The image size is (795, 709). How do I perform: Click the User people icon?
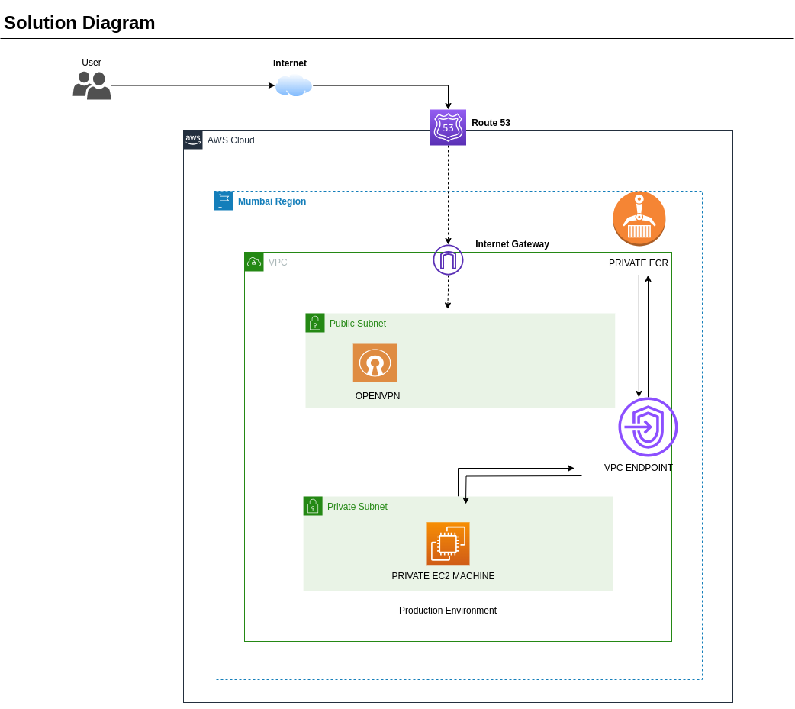tap(92, 85)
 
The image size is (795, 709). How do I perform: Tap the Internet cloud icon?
tap(294, 85)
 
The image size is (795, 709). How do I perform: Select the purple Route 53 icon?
tap(448, 127)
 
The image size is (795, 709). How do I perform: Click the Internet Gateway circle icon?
tap(448, 259)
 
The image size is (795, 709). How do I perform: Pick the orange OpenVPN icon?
tap(375, 363)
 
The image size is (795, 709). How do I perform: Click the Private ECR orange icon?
tap(639, 218)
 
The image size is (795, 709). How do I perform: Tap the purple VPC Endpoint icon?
tap(648, 427)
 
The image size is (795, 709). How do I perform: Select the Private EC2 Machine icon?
tap(448, 543)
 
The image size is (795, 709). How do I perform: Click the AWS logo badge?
tap(193, 140)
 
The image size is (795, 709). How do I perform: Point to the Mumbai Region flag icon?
tap(224, 201)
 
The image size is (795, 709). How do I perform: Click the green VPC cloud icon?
tap(254, 262)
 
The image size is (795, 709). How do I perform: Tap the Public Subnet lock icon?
tap(315, 323)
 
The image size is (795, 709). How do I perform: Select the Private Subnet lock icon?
tap(313, 506)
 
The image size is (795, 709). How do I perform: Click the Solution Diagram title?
tap(79, 23)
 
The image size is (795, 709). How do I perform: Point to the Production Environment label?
tap(447, 611)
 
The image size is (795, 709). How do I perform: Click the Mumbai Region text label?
tap(272, 201)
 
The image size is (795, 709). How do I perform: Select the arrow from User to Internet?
tap(191, 85)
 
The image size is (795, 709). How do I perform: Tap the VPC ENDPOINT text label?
tap(638, 468)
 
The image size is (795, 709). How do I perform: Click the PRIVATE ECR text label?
tap(638, 263)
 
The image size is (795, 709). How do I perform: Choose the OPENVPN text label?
tap(377, 396)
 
